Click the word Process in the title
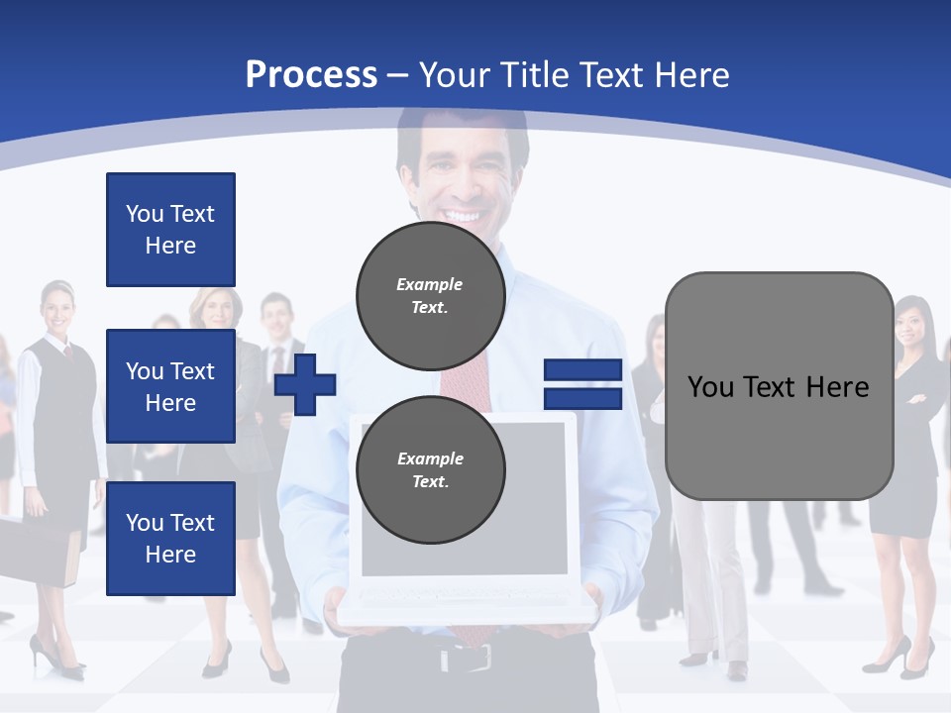[x=311, y=75]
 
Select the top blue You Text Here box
[x=170, y=230]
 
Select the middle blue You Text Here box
[x=170, y=386]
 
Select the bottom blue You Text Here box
[x=170, y=538]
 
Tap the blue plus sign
[x=305, y=384]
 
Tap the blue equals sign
[x=582, y=384]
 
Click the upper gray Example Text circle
[x=430, y=296]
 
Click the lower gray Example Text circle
[x=430, y=470]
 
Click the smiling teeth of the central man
[x=462, y=214]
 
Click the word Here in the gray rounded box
[x=837, y=387]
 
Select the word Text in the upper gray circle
[x=429, y=307]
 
